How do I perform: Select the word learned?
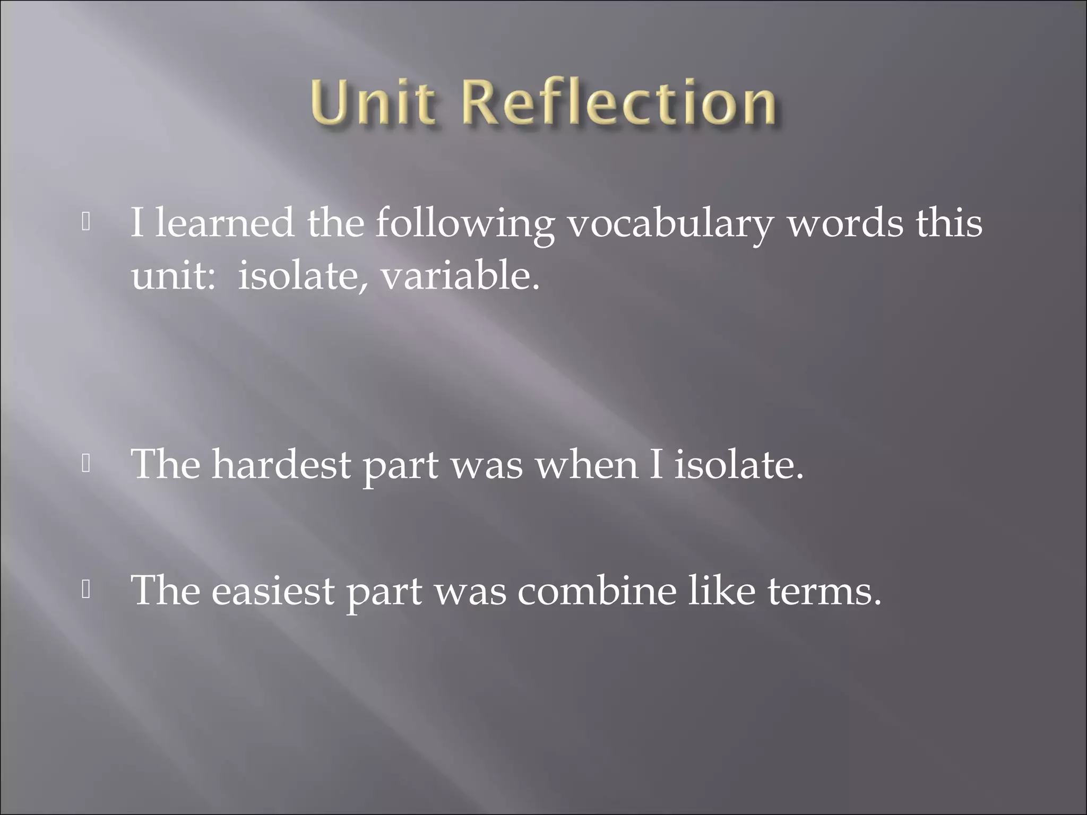point(224,223)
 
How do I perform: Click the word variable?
point(460,276)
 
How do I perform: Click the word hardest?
point(281,465)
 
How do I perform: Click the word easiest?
point(273,591)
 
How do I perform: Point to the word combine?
point(597,591)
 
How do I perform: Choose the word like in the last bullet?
point(721,591)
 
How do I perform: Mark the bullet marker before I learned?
point(86,222)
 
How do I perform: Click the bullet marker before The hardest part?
point(86,464)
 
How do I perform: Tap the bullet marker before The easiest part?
point(86,589)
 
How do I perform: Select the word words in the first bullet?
point(844,223)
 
